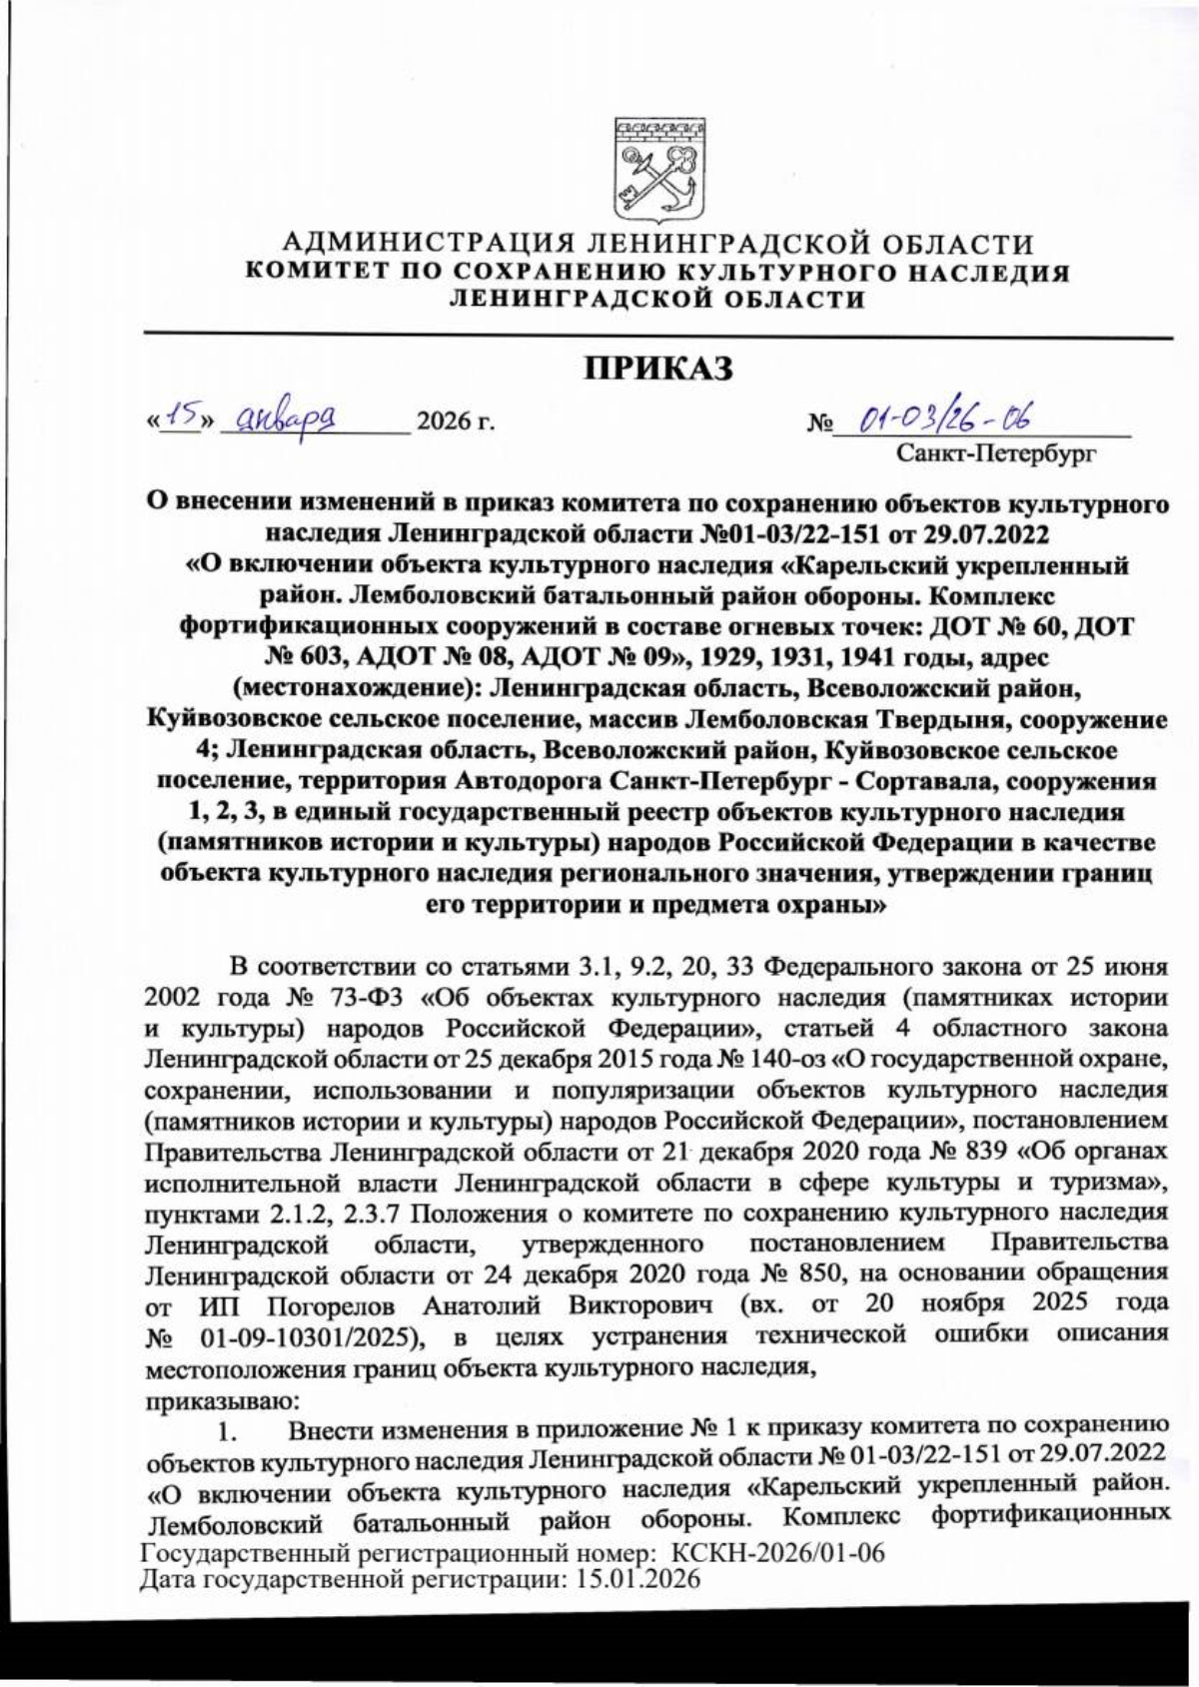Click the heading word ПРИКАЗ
[x=658, y=368]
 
